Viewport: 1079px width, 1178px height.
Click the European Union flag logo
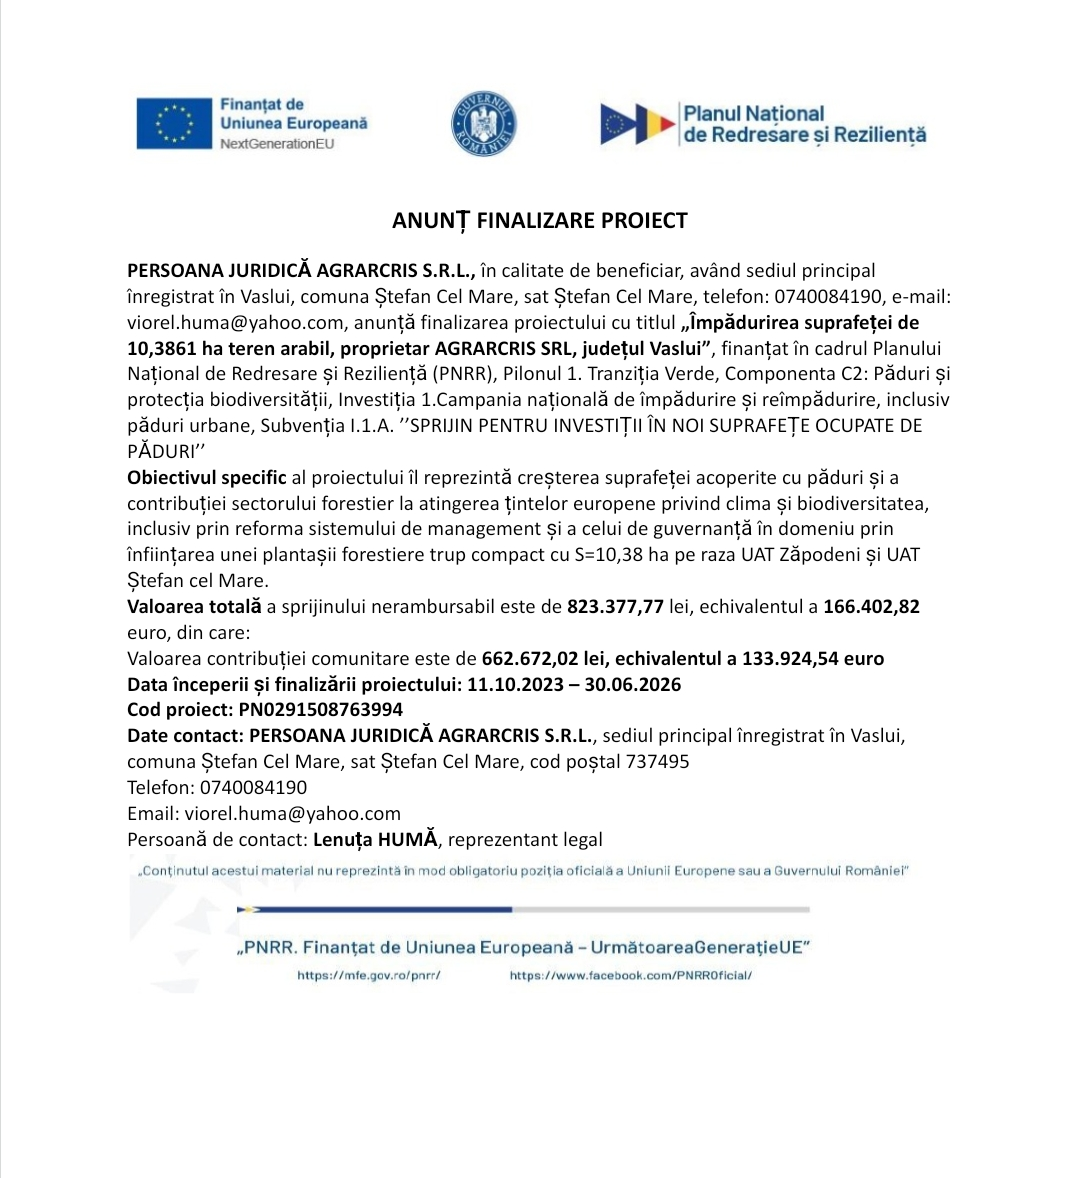tap(174, 123)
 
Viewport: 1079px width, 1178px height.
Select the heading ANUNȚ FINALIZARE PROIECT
tap(539, 221)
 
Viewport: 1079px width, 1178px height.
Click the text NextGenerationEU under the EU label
tap(277, 144)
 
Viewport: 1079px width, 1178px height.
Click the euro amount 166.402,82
tap(871, 606)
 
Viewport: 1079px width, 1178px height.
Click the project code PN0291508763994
tap(320, 710)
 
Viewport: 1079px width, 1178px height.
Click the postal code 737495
tap(657, 761)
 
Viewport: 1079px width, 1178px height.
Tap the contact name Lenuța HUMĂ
tap(375, 839)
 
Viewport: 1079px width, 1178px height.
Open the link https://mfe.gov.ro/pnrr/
tap(369, 975)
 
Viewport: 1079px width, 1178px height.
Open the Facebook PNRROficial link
tap(630, 975)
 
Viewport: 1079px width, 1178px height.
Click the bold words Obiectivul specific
tap(206, 477)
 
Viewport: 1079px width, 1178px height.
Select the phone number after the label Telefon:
tap(253, 787)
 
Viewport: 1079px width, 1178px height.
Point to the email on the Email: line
tap(292, 813)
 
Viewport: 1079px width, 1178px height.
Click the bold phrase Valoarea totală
tap(194, 606)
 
